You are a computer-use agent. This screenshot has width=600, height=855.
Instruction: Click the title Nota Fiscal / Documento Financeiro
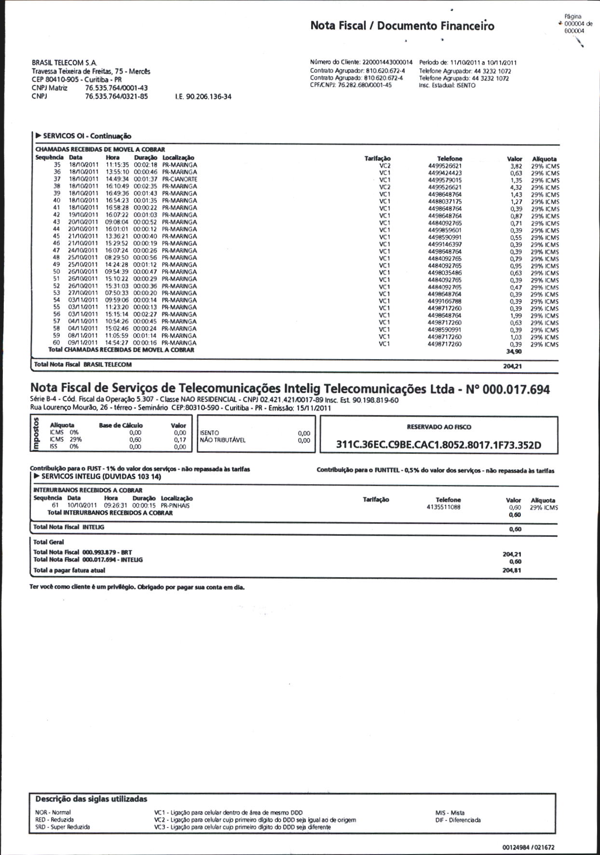pos(402,26)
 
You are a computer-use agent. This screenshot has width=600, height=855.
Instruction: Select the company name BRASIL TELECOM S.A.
pos(64,63)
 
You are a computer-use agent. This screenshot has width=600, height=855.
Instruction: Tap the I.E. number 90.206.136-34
pos(203,96)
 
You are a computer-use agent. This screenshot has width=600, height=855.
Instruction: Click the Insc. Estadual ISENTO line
pos(447,85)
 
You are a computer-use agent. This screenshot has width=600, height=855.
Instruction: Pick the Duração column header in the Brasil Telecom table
pos(145,158)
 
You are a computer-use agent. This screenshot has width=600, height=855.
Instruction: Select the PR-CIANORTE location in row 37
pos(179,179)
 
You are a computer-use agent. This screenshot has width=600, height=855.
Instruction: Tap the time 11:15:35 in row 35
pos(117,165)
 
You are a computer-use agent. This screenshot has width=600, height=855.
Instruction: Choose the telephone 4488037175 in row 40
pos(444,202)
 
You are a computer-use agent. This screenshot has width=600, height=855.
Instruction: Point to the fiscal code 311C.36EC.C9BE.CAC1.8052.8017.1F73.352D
pos(438,445)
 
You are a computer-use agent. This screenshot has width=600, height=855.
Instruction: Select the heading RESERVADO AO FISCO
pos(439,427)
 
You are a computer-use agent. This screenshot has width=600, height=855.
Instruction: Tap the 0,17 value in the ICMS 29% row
pos(180,440)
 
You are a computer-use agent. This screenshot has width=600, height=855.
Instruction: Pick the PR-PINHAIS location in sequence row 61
pos(175,506)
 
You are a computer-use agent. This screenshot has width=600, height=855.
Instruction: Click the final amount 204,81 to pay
pos(511,570)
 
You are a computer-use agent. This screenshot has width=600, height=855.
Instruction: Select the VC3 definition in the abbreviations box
pos(242,827)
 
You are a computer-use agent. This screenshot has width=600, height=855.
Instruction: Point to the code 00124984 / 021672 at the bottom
pos(528,847)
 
